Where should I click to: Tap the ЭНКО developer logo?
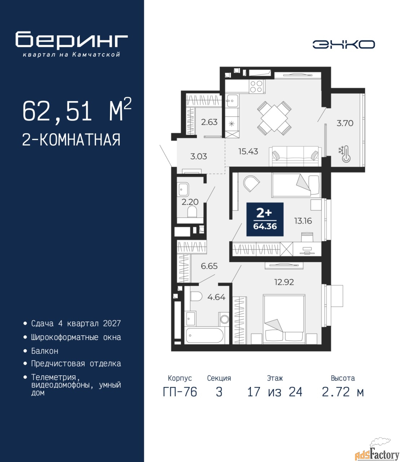[x=343, y=44]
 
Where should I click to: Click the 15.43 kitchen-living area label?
[x=248, y=152]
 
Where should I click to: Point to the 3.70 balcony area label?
[x=345, y=123]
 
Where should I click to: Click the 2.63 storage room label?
[x=209, y=122]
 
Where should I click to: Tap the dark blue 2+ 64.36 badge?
[x=265, y=219]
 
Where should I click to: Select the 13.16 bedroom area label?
[x=303, y=221]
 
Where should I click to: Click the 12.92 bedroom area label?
[x=284, y=282]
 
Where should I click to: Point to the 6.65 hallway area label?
[x=209, y=266]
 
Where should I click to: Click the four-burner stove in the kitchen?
[x=256, y=86]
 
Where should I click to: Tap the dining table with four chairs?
[x=274, y=118]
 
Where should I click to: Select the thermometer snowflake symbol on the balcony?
[x=345, y=154]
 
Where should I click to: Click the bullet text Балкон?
[x=45, y=351]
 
